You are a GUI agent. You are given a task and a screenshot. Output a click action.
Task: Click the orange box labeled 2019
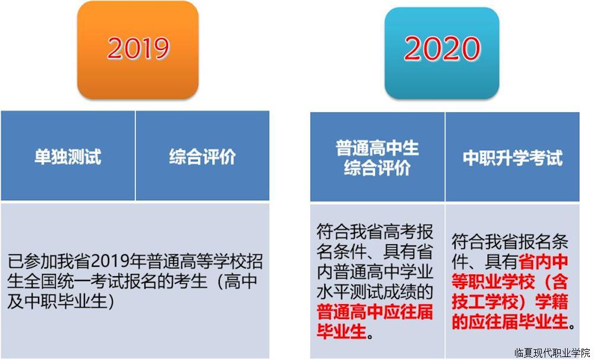[138, 50]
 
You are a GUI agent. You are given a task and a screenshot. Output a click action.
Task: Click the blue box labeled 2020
[442, 53]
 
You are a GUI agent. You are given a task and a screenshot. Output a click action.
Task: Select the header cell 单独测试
[68, 156]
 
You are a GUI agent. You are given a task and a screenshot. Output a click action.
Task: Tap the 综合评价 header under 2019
[203, 156]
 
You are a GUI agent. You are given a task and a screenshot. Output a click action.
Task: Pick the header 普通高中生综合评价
[377, 157]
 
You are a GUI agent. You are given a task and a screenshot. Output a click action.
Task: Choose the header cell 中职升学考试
[513, 157]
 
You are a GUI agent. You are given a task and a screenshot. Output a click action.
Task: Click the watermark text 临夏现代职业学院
[552, 353]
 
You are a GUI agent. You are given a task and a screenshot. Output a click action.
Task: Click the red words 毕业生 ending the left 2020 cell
[342, 331]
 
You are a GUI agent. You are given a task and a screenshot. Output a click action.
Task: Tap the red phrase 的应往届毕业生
[510, 322]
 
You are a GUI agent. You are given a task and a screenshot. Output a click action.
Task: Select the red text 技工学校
[485, 302]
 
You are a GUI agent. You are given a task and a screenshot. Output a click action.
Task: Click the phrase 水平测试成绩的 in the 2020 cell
[375, 292]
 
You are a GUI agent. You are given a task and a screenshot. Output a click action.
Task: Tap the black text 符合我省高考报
[375, 231]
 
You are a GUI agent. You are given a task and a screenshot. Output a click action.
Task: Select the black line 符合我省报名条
[510, 241]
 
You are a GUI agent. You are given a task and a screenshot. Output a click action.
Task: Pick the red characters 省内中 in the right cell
[544, 261]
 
